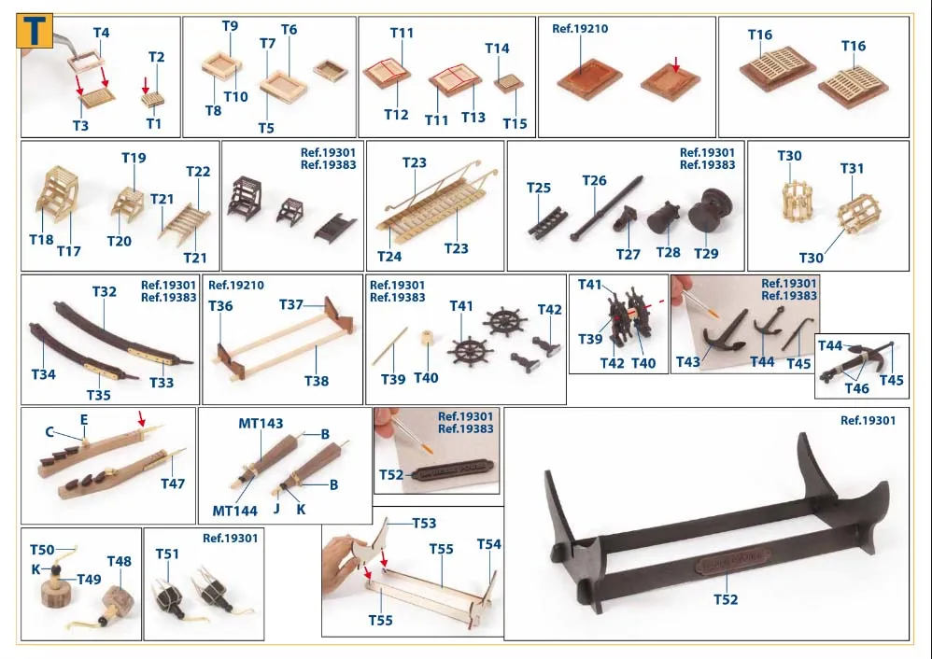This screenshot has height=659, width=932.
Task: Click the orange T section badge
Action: point(35,30)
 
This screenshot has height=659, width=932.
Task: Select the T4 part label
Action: point(101,33)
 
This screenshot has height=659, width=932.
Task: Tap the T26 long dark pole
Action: point(607,208)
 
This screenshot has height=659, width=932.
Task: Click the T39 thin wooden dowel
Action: point(390,346)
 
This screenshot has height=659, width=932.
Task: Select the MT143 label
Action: point(261,423)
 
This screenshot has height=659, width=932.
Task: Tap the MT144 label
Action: point(234,511)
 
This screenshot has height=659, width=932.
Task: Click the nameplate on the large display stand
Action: point(732,562)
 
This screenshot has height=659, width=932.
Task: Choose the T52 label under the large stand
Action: point(726,599)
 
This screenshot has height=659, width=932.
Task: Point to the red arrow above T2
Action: point(146,85)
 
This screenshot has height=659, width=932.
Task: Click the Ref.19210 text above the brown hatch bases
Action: point(580,29)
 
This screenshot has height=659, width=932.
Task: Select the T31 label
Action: point(852,169)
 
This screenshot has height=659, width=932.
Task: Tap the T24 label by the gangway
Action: point(389,256)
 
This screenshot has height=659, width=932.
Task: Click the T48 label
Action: point(119,561)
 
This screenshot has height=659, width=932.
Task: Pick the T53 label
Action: point(424,523)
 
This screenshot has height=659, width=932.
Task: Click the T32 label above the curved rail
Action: point(104,292)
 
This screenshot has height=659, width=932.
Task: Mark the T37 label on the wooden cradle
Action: point(291,305)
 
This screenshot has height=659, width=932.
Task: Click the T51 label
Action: point(167,554)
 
